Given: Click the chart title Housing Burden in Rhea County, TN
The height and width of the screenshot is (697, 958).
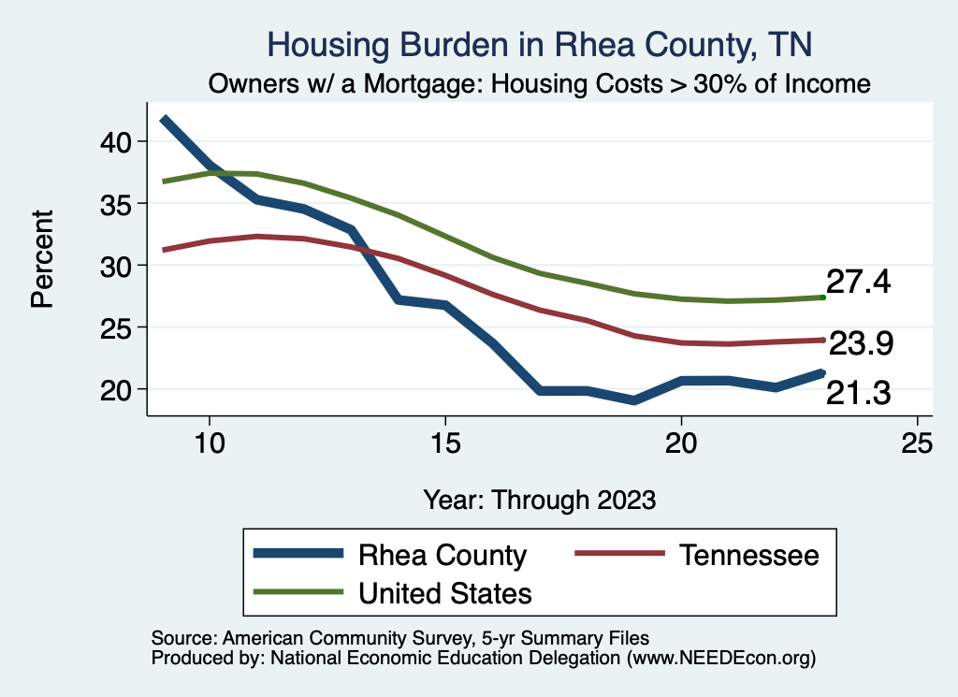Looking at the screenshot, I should [x=540, y=44].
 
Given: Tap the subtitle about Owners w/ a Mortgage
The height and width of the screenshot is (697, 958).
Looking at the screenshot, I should [x=540, y=84].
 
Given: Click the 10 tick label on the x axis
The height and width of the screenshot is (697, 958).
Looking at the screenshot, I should [x=210, y=443].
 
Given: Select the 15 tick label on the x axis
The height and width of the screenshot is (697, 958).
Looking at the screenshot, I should [x=445, y=443].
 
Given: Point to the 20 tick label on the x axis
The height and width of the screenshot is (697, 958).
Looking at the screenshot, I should [x=681, y=443].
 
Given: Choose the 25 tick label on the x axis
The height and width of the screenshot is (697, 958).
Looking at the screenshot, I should [x=917, y=443].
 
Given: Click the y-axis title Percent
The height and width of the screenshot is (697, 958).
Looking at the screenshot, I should [x=42, y=258].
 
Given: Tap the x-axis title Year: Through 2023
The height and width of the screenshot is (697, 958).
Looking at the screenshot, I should [x=539, y=499].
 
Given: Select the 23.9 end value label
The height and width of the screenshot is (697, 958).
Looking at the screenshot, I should [x=862, y=344].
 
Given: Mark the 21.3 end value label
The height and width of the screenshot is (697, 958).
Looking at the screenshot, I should [x=858, y=394].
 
